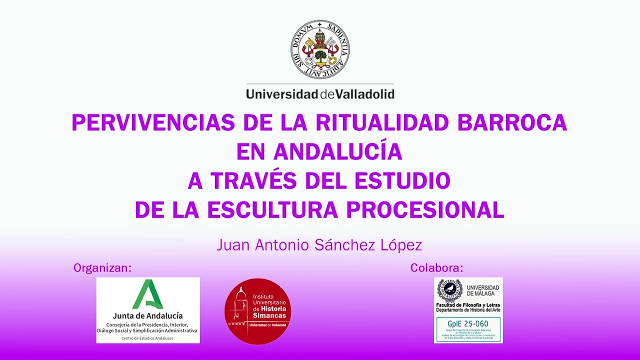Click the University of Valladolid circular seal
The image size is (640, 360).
tap(320, 49)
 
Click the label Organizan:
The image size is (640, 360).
tap(102, 268)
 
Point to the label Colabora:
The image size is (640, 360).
tap(436, 268)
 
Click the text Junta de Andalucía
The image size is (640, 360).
tap(147, 316)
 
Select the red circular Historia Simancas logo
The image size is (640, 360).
tap(257, 311)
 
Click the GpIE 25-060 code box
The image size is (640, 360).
tap(468, 329)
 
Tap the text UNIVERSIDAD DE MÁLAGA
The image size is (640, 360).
tap(482, 290)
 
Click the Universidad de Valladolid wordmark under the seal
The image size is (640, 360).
tap(320, 94)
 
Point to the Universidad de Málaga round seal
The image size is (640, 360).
tap(449, 290)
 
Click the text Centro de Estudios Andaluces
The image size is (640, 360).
tap(147, 338)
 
